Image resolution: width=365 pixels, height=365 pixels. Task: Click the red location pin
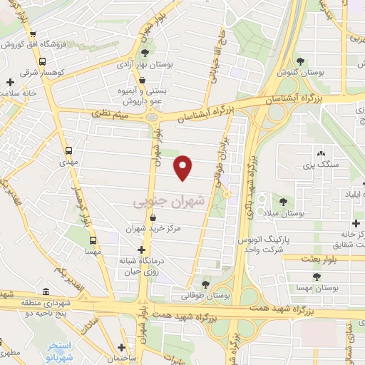(x=184, y=167)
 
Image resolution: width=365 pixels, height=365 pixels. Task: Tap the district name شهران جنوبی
(x=169, y=202)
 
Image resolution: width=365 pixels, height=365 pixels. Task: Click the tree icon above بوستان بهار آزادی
(x=145, y=53)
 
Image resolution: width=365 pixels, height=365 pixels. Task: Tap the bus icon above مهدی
(x=69, y=151)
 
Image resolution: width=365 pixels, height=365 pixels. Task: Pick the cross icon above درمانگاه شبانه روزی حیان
(x=142, y=250)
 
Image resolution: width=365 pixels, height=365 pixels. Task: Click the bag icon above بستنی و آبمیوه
(x=144, y=81)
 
